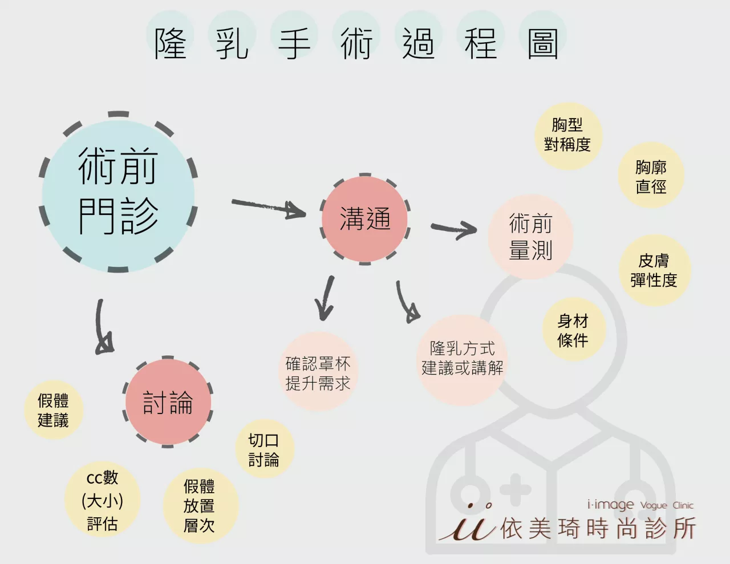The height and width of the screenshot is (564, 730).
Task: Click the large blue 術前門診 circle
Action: tap(118, 193)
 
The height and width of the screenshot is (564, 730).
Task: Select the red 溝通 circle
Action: tap(365, 220)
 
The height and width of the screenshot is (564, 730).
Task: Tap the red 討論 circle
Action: tap(168, 402)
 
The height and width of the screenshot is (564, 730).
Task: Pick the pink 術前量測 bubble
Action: tap(530, 236)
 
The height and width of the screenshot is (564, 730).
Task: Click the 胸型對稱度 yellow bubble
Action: tap(567, 135)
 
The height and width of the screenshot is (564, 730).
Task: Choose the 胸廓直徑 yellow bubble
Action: tap(651, 177)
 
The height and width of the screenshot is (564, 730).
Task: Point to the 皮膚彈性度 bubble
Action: tap(654, 270)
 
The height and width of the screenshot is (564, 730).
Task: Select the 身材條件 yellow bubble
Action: tap(573, 331)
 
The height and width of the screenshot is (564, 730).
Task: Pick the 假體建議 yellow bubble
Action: tap(53, 410)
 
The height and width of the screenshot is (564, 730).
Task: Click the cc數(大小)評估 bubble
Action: tap(103, 500)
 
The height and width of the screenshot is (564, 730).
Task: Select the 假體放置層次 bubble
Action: tap(199, 506)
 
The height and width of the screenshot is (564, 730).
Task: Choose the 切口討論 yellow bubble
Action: tap(263, 449)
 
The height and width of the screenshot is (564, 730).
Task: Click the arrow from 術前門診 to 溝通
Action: tap(268, 208)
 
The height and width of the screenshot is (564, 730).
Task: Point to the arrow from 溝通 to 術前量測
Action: tap(454, 229)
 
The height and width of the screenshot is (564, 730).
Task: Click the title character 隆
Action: tap(171, 44)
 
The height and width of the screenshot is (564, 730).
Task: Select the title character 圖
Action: tap(542, 44)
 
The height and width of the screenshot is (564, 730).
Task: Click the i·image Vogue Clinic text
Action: tap(640, 505)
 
